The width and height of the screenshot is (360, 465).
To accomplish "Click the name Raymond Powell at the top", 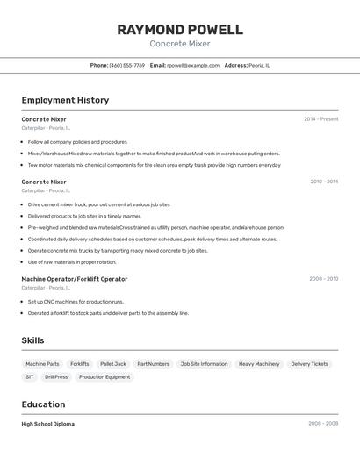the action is (x=180, y=30).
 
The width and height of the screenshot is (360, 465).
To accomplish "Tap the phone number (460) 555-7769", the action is (x=127, y=65).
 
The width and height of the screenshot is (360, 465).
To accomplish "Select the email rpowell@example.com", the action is (x=193, y=65).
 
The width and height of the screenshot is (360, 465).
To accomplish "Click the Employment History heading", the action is (x=65, y=100).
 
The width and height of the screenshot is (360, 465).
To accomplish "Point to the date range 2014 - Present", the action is (x=320, y=119).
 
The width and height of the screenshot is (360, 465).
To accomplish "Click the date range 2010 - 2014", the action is (x=324, y=182).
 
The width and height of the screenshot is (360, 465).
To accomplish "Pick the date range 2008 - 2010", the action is (x=323, y=279).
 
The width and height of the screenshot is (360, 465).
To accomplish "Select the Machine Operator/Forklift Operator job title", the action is (x=75, y=279).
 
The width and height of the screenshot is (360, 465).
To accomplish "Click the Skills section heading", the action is (x=33, y=340).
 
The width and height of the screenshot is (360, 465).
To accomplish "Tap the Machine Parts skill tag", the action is (x=42, y=364).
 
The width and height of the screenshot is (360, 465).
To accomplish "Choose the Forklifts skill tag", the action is (x=80, y=364).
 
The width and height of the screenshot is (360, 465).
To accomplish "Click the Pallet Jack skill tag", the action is (x=113, y=364).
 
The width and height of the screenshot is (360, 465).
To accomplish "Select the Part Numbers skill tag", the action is (x=153, y=364).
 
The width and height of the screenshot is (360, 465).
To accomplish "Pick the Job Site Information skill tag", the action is (x=204, y=364).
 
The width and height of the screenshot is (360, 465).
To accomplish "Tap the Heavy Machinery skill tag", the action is (x=259, y=364).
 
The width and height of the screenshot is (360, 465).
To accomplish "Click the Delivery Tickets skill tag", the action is (x=309, y=364).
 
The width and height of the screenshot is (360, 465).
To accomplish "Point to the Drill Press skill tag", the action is (x=56, y=377).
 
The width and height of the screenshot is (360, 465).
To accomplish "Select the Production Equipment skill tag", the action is (x=104, y=377).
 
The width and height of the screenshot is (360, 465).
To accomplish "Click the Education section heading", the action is (x=43, y=404).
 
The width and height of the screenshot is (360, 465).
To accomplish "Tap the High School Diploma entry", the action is (x=48, y=424).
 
